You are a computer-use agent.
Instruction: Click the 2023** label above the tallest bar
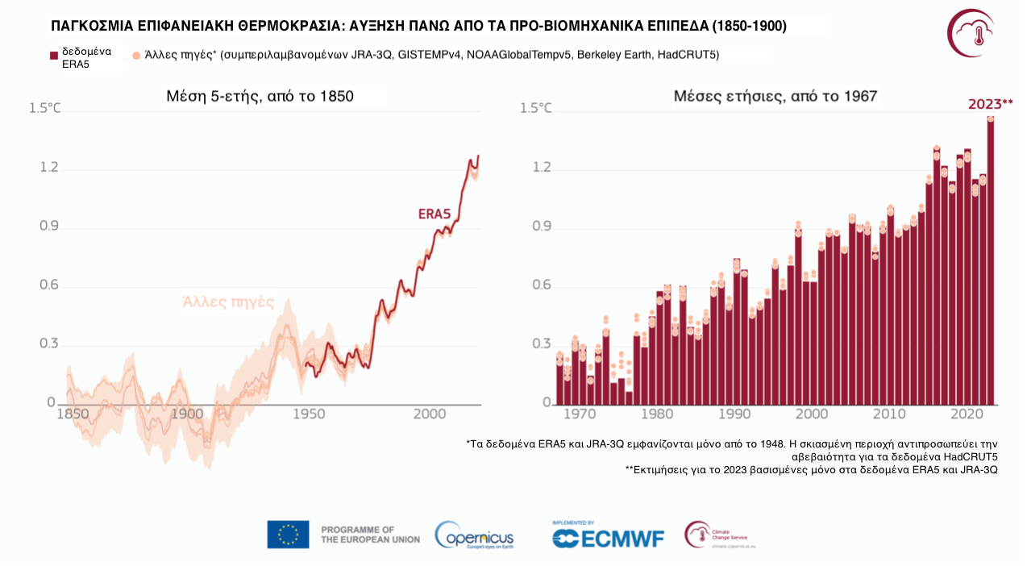990,104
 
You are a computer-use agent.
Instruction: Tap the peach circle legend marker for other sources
136,55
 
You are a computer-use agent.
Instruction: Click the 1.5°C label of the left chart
45,108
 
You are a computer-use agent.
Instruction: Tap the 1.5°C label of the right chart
537,108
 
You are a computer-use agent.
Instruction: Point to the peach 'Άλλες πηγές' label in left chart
229,302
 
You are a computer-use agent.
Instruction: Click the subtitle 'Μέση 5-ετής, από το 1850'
260,97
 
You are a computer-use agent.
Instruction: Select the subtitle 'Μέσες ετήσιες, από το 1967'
775,97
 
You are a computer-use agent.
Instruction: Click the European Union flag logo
288,535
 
